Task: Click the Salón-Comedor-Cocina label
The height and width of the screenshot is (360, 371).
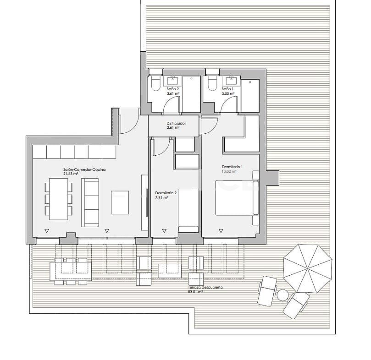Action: (x=84, y=169)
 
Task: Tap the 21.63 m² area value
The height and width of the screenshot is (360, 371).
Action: (x=71, y=174)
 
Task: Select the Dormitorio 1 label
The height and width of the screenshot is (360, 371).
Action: (x=232, y=167)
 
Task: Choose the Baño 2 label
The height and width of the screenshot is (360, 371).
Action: (x=172, y=89)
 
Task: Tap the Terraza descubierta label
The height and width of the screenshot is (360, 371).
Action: (x=205, y=287)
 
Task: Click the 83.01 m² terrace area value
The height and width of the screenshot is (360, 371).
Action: (x=195, y=292)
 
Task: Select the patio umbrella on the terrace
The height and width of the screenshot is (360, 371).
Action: (x=308, y=268)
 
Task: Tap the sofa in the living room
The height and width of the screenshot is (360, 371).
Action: (x=90, y=202)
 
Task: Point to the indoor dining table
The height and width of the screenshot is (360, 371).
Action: (x=59, y=199)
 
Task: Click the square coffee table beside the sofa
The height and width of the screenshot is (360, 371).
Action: (x=120, y=202)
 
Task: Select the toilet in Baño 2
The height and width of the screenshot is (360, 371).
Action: (x=155, y=82)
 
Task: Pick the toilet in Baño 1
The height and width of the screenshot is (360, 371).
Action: (x=211, y=82)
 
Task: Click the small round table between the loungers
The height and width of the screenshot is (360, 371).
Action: (x=282, y=295)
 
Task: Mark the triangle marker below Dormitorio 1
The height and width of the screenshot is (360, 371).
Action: (x=221, y=231)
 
